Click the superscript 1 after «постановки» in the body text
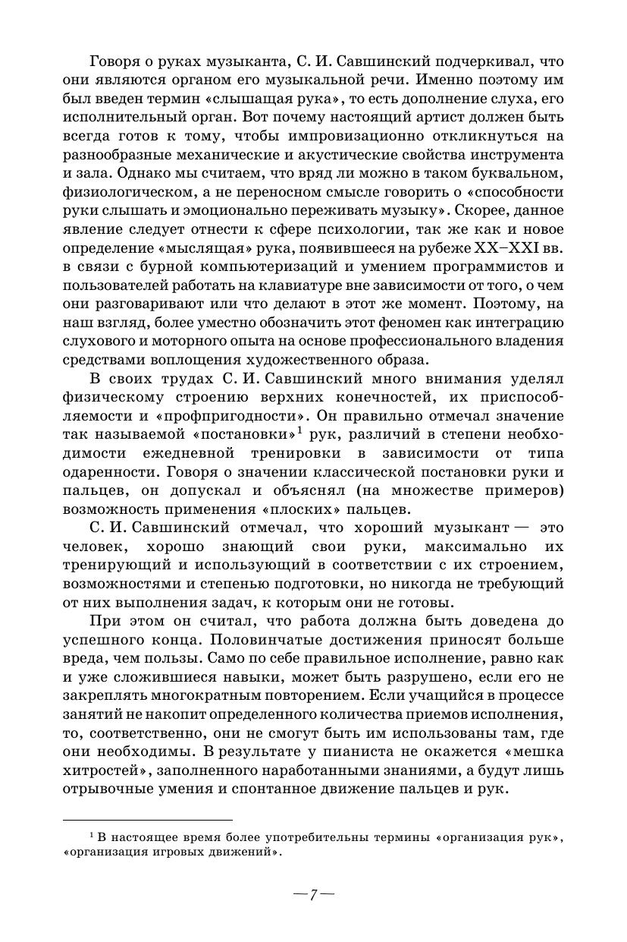(x=300, y=432)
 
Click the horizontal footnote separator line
(x=147, y=820)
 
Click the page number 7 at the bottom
(x=313, y=894)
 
